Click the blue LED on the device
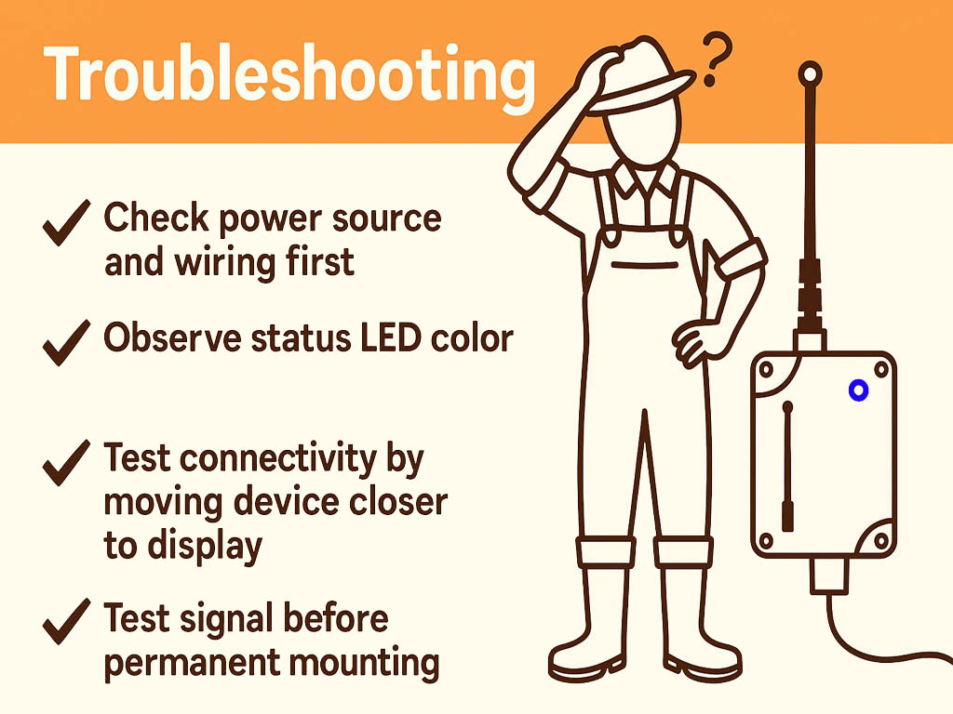point(858,391)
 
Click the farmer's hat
point(642,79)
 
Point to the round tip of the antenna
point(811,72)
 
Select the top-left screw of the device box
point(767,369)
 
